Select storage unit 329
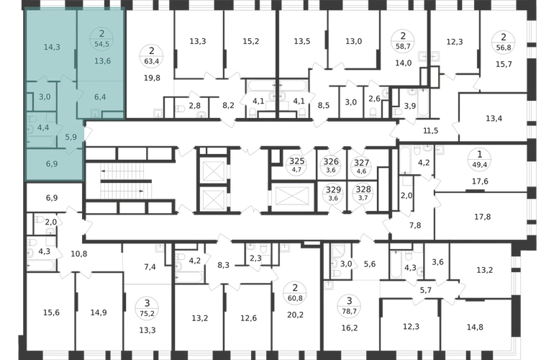pos(333,194)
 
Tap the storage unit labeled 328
pos(363,194)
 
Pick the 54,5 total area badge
pos(101,39)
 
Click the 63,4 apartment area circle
pos(151,56)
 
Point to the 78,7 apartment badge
pos(349,306)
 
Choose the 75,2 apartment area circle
pos(147,308)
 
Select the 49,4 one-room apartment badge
pos(479,160)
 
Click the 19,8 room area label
pos(152,78)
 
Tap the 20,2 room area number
pos(295,315)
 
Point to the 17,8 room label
pos(482,217)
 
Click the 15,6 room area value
pos(51,312)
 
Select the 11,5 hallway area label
pos(431,131)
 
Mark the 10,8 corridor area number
pos(79,254)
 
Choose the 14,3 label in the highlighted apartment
pos(52,47)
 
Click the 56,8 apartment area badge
pos(504,42)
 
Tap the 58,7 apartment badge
pos(403,40)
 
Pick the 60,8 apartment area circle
pos(295,293)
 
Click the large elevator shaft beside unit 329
pos(292,197)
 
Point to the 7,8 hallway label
pos(415,225)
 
